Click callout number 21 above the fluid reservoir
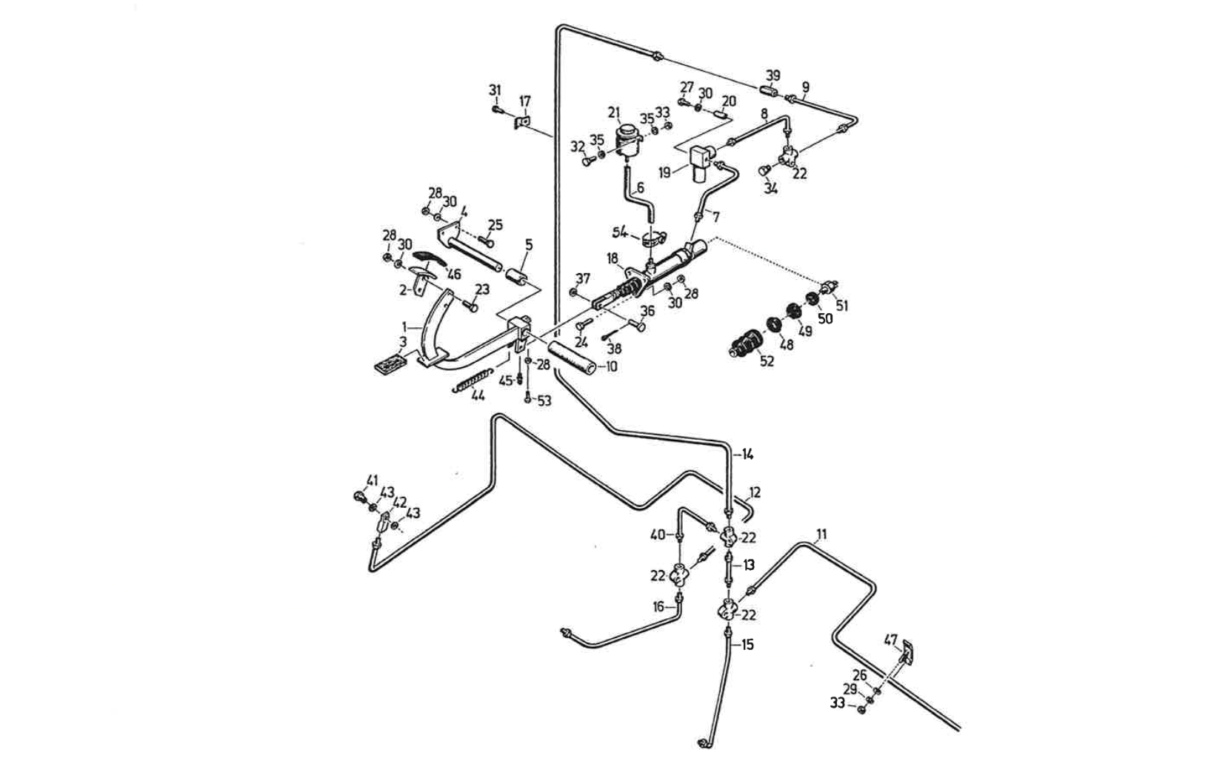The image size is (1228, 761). (613, 113)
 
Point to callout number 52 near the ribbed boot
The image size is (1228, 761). (767, 361)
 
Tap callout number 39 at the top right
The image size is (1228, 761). (772, 76)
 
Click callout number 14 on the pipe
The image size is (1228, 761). (747, 454)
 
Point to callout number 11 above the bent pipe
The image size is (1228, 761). (821, 534)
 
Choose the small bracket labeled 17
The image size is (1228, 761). (524, 121)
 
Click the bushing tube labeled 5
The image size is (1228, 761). (516, 280)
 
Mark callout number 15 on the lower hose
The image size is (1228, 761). (747, 645)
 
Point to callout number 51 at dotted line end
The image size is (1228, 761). (841, 305)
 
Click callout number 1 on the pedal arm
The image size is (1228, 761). (405, 326)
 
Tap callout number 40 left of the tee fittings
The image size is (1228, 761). (658, 534)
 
